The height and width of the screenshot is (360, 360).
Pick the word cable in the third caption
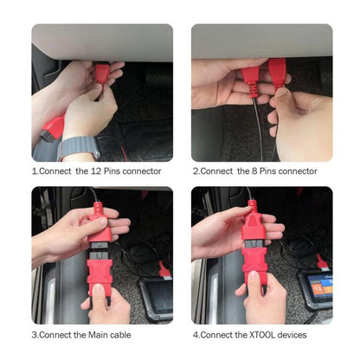tap(125, 334)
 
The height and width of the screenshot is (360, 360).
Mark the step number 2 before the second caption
tap(195, 170)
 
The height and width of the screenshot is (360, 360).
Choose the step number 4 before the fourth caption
tap(195, 334)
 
